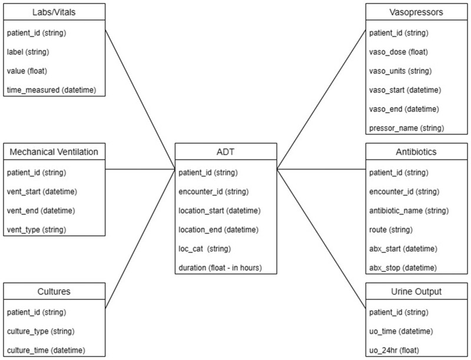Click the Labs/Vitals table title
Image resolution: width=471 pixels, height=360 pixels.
(55, 12)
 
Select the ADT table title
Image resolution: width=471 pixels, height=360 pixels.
(226, 152)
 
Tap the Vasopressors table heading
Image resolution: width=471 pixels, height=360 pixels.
(416, 12)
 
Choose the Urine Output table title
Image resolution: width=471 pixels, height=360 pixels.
(416, 292)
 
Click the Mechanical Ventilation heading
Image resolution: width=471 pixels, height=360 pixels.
(55, 152)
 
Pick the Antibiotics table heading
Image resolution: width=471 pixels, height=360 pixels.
(416, 152)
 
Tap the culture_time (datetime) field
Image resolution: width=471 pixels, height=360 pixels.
(46, 351)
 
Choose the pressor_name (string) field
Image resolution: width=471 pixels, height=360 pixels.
(407, 128)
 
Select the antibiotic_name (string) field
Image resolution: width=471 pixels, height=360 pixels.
(409, 211)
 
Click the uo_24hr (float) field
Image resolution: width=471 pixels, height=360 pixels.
(394, 351)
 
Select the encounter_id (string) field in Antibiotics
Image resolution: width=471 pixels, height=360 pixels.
(404, 191)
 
